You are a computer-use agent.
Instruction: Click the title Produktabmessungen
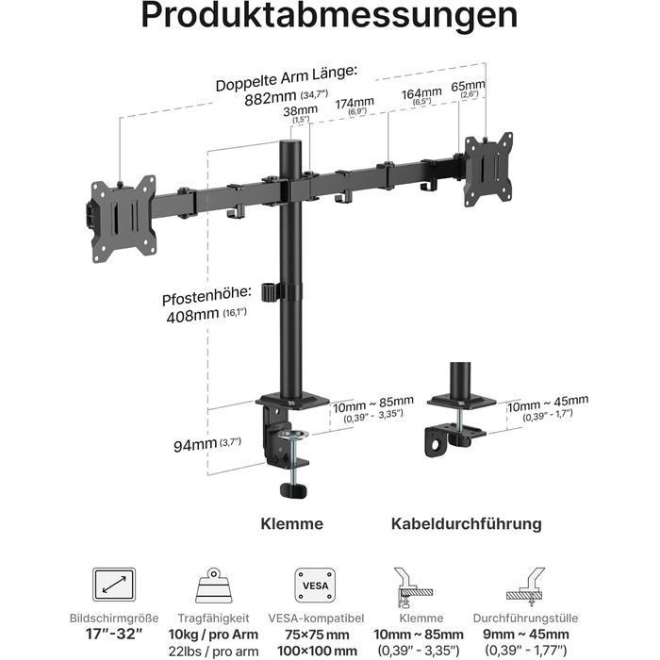pos(330,16)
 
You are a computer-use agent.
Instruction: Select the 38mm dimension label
pos(300,111)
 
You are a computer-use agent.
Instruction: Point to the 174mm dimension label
pos(355,103)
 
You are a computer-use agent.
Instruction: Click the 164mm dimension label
pos(421,93)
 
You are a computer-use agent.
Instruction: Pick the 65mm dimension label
pos(468,87)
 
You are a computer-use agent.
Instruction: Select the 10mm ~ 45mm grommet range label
pos(547,404)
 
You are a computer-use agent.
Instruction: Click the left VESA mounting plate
pos(124,219)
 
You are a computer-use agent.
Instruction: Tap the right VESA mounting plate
pos(488,170)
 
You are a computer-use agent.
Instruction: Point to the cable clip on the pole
pos(270,292)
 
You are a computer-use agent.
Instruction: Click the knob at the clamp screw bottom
pos(293,490)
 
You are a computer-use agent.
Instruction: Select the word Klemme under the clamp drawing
pos(291,523)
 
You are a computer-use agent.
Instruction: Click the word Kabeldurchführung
pos(467,523)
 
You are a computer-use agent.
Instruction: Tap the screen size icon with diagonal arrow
pos(114,585)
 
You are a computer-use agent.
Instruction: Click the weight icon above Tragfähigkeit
pos(214,586)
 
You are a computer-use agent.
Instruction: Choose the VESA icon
pos(315,585)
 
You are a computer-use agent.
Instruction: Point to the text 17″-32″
pos(114,634)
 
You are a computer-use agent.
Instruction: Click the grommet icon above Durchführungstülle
pos(526,586)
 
